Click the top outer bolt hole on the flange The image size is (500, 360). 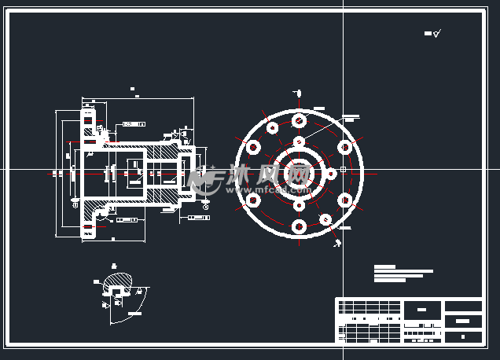(x=299, y=120)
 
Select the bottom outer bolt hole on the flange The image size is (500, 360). (x=299, y=226)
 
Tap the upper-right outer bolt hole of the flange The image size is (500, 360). (x=344, y=147)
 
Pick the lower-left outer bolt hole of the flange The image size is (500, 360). (x=253, y=200)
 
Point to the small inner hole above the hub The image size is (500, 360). (x=299, y=142)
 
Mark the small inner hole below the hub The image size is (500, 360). (x=299, y=205)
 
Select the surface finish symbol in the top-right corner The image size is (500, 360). (x=433, y=34)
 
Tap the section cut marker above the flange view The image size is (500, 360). (x=299, y=92)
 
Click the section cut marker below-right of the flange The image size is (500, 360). (x=336, y=242)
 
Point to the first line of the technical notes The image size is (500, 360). (x=384, y=266)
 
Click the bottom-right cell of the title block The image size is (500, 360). (x=463, y=336)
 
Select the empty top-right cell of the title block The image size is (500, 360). (x=463, y=306)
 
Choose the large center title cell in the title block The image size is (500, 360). (x=423, y=309)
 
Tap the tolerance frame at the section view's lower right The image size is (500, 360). (x=200, y=216)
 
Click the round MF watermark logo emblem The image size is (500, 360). (x=206, y=180)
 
